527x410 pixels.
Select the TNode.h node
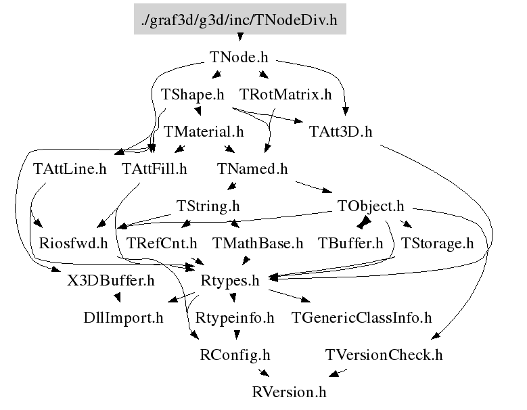point(239,58)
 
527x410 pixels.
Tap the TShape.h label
point(193,95)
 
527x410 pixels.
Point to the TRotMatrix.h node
point(285,95)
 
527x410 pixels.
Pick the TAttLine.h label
point(70,168)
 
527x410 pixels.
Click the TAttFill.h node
point(154,168)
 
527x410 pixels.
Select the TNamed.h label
point(253,168)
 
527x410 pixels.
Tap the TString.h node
point(208,205)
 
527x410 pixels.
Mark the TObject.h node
point(370,205)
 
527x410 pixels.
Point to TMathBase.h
point(258,242)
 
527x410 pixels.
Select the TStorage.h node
point(437,242)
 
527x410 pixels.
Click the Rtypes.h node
point(231,279)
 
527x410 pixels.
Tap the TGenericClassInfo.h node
point(361,316)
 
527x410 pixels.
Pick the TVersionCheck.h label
point(384,354)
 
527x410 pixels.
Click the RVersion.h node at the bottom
point(289,391)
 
